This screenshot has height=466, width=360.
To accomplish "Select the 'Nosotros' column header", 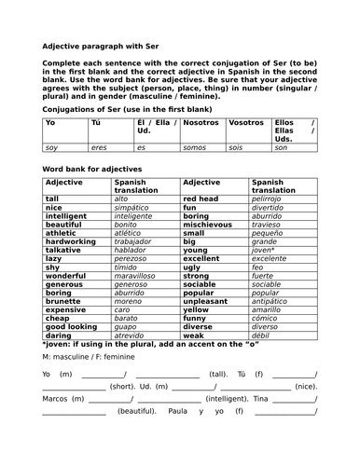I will (x=202, y=122).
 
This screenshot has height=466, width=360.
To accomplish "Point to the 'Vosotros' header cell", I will (x=246, y=122).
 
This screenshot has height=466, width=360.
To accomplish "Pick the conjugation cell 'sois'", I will (x=237, y=147).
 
